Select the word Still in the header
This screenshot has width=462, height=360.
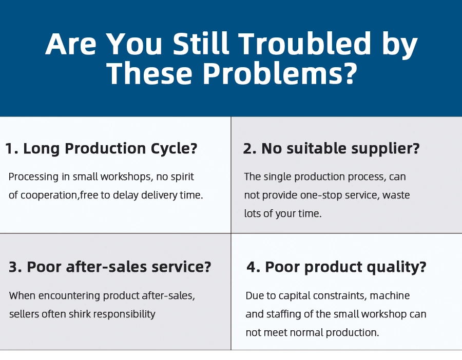[x=201, y=44]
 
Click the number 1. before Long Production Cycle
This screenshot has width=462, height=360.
[x=11, y=148]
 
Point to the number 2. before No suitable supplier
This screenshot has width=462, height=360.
[x=250, y=148]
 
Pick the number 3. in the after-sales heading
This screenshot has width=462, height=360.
[x=15, y=267]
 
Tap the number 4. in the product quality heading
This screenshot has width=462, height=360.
[x=254, y=267]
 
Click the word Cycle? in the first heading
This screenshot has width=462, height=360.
[x=174, y=149]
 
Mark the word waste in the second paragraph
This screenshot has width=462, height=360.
[x=396, y=195]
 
